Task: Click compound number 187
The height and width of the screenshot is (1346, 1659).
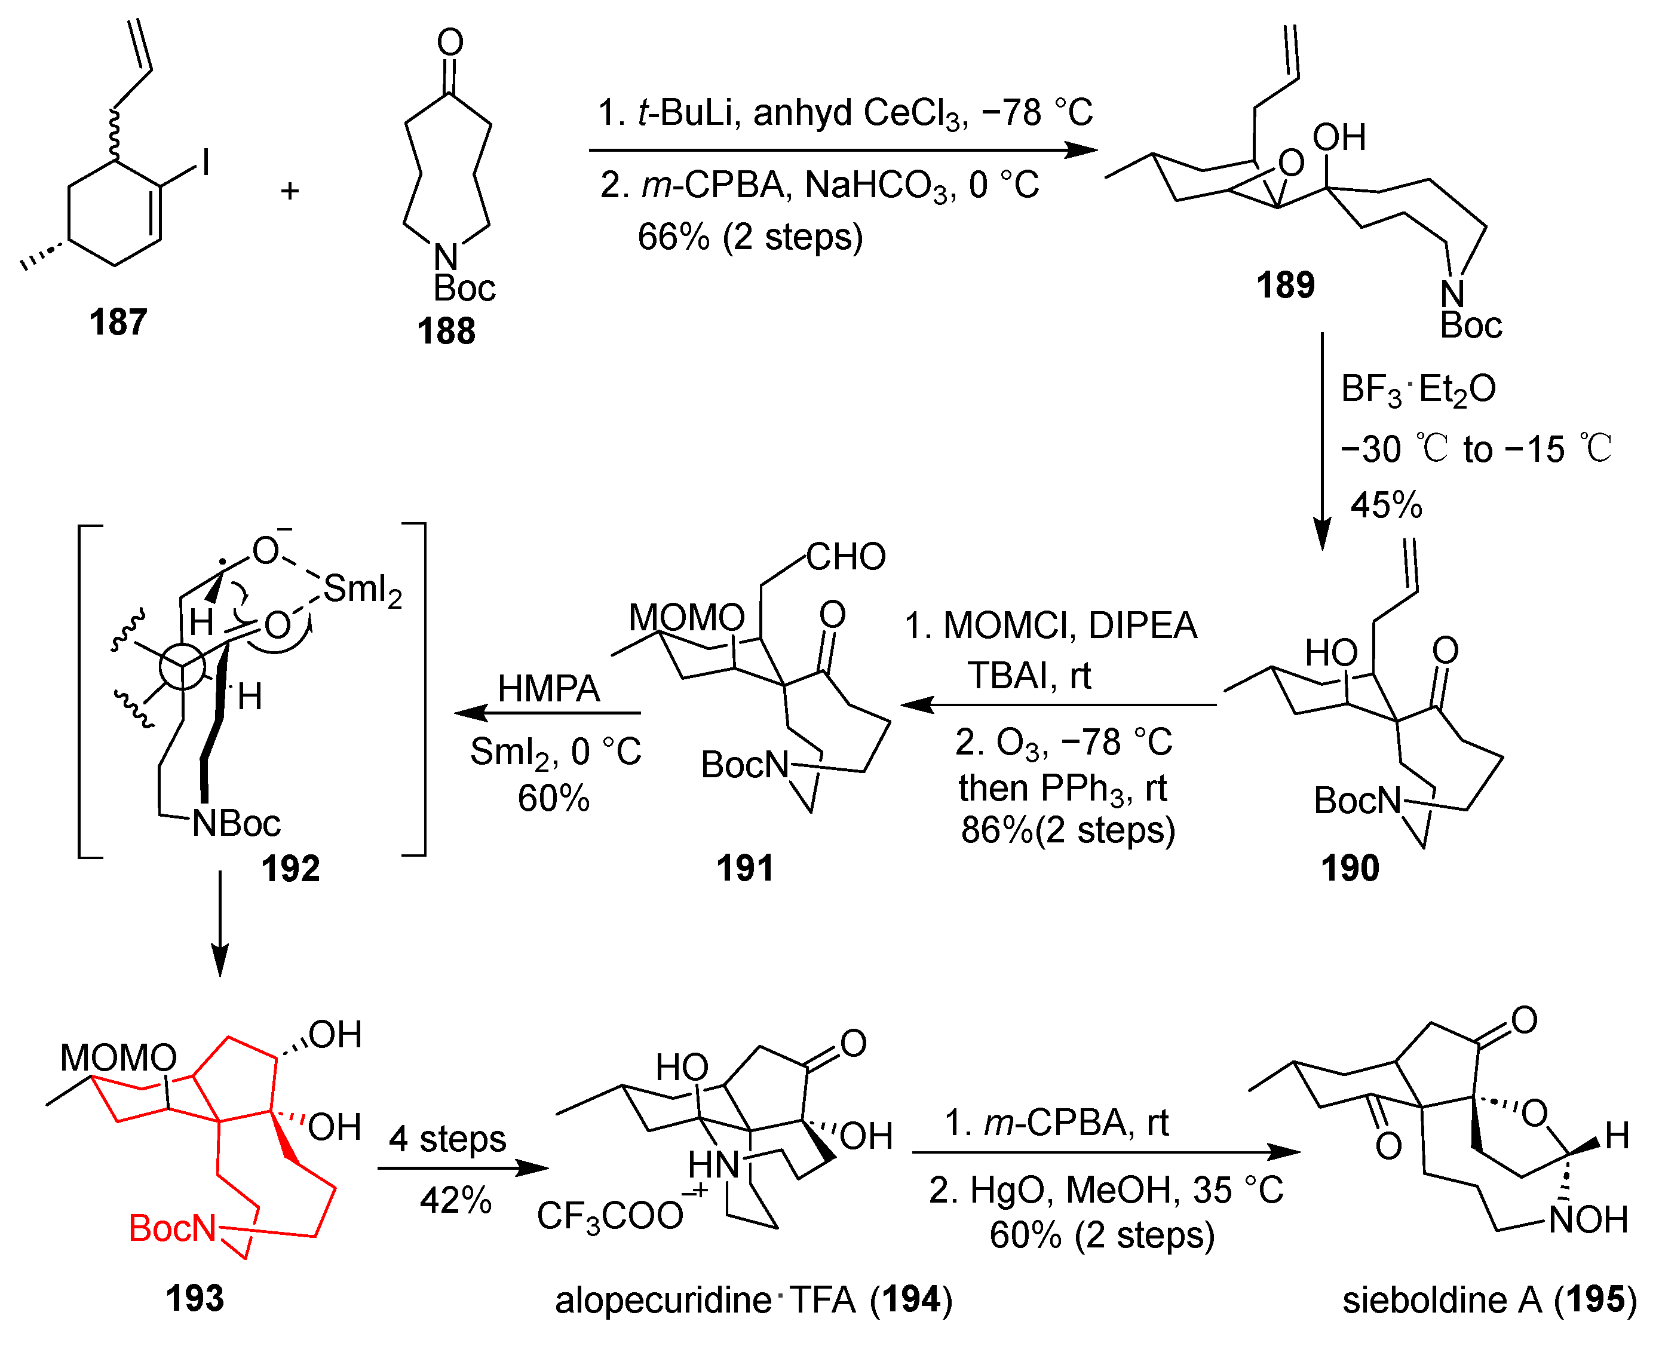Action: [x=118, y=322]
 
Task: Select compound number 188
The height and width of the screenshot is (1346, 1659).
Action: [x=446, y=331]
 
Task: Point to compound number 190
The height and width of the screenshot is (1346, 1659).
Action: [x=1350, y=867]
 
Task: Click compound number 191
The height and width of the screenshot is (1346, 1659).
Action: [x=744, y=867]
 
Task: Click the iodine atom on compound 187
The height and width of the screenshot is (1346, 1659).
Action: [x=206, y=163]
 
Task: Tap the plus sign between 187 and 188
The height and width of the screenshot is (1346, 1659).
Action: [x=289, y=191]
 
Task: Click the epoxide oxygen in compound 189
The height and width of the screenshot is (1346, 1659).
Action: [x=1291, y=164]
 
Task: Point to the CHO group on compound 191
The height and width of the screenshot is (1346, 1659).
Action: [x=846, y=557]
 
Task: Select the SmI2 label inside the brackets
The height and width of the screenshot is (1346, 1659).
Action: [x=363, y=589]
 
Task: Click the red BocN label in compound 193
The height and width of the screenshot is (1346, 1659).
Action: [x=172, y=1228]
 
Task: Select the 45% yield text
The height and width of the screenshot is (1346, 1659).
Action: [x=1386, y=505]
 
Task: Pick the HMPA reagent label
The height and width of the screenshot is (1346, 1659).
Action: [x=548, y=688]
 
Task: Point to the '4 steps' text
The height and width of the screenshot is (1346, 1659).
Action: [x=447, y=1138]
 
